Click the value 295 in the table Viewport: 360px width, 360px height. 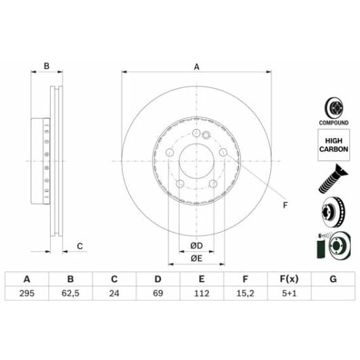coord(27,294)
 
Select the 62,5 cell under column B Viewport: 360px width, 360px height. coord(70,294)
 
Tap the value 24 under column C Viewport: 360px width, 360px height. coord(114,294)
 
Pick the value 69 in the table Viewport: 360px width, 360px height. coord(157,294)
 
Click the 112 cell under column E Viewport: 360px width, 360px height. coord(201,294)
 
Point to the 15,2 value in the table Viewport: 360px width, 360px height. coord(245,294)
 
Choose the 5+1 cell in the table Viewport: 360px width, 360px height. coord(288,294)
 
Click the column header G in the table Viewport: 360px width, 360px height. coord(332,279)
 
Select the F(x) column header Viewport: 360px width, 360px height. coord(288,279)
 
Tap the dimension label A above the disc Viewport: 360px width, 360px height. coord(197,66)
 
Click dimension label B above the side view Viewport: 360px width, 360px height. coord(47,66)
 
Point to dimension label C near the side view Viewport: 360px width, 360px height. coord(79,246)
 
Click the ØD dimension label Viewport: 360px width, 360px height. coord(196,244)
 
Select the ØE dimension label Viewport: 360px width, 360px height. coord(196,258)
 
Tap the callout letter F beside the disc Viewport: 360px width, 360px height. coord(285,206)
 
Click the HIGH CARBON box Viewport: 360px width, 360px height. coord(334,143)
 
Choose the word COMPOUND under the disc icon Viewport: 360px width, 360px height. coord(334,123)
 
